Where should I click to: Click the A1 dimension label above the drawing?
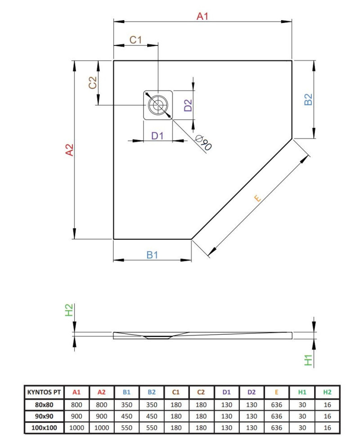202,17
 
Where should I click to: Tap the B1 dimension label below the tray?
153,255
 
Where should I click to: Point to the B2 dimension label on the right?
308,99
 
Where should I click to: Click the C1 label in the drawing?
135,40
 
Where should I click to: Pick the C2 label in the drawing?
93,83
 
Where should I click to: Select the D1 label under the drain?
157,135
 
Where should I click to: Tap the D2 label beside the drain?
188,105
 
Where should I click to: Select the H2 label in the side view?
69,310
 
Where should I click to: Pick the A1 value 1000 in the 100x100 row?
76,427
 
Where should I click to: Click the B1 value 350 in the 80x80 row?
127,404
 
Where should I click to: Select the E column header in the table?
277,392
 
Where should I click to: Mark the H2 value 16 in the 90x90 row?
328,416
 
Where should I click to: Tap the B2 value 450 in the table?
152,416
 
